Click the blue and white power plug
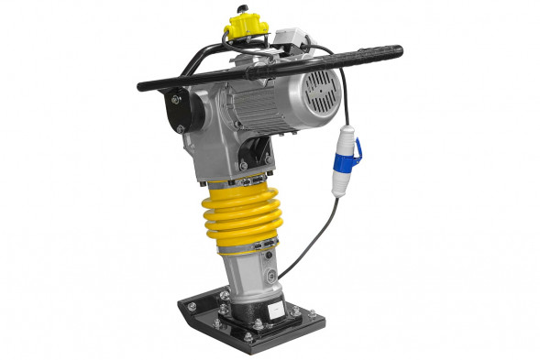[x=348, y=155]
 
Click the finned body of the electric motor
[x=275, y=105]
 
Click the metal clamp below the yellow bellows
[x=246, y=245]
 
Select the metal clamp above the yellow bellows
[x=240, y=175]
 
